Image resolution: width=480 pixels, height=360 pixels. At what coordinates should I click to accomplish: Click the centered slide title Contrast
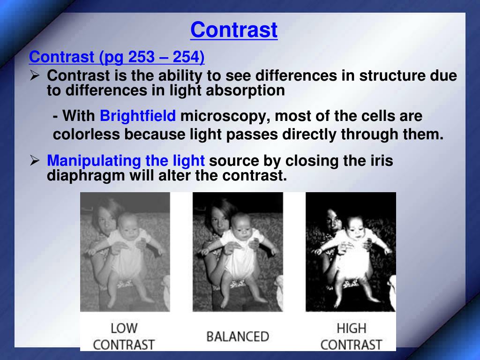[x=234, y=30]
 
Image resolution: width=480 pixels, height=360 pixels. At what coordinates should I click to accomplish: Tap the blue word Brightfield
[x=138, y=116]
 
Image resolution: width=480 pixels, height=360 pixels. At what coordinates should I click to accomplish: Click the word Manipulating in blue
[x=94, y=161]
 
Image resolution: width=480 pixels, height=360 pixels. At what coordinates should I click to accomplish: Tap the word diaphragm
[x=86, y=176]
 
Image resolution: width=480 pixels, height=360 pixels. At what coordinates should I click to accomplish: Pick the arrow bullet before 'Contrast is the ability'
[x=35, y=75]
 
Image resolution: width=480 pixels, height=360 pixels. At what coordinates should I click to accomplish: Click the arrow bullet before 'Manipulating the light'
[x=35, y=160]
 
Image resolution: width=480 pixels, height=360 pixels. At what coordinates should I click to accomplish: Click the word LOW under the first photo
[x=124, y=329]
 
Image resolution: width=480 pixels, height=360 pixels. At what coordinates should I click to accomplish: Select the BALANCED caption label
[x=238, y=337]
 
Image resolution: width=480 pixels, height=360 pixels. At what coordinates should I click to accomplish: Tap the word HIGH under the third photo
[x=352, y=329]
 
